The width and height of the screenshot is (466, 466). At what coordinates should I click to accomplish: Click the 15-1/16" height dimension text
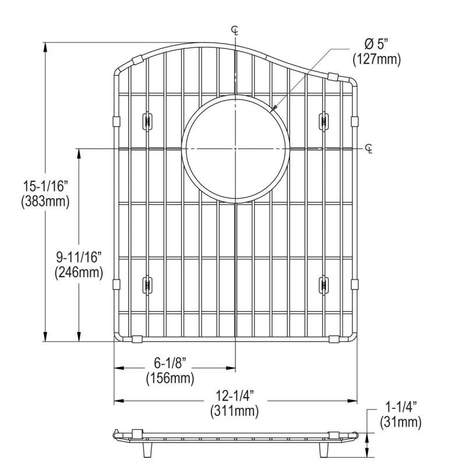click(46, 186)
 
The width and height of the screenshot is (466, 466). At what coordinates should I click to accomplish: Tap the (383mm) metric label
click(45, 202)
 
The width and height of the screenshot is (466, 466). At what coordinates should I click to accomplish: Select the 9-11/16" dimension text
click(79, 257)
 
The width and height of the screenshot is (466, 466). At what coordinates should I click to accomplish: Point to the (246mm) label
click(79, 273)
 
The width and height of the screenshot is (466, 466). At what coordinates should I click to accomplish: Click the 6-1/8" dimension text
click(170, 363)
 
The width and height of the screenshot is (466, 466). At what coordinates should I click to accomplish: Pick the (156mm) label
click(170, 379)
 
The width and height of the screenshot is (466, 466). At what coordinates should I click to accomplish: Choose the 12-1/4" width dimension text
click(235, 396)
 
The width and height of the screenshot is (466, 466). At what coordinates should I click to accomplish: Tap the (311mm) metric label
click(235, 411)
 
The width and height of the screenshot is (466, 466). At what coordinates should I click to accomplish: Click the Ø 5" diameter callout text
click(376, 45)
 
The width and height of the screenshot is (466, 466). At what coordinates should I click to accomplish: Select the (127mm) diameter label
click(376, 59)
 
